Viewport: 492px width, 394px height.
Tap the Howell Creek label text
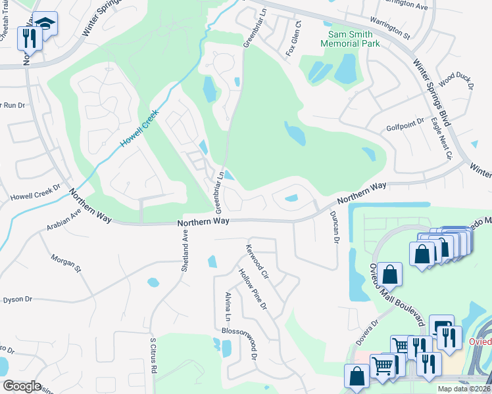click(x=140, y=127)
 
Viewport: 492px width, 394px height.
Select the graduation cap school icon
click(x=45, y=24)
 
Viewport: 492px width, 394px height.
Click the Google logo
click(x=22, y=386)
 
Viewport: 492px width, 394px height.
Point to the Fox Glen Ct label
click(x=292, y=39)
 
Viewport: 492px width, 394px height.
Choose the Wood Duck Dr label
click(x=456, y=79)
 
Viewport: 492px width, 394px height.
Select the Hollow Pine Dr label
click(x=253, y=289)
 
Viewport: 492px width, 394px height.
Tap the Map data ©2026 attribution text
click(x=464, y=389)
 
